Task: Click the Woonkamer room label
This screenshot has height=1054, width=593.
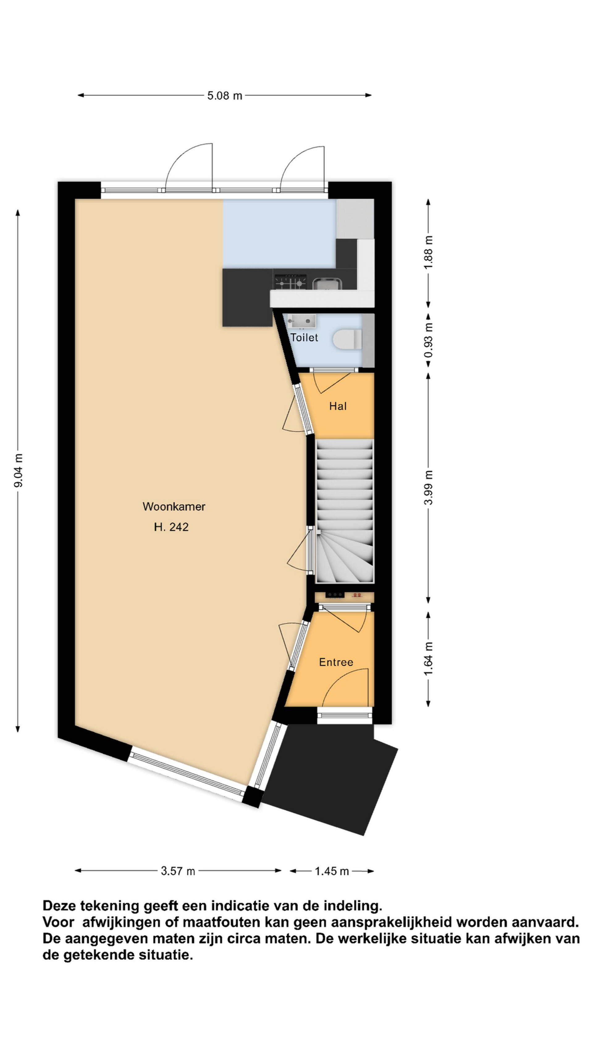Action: coord(174,506)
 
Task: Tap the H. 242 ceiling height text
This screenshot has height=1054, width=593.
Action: coord(171,527)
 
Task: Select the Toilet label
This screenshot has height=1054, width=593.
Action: coord(304,338)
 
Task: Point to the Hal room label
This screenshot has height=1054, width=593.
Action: coord(338,406)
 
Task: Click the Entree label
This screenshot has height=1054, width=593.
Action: coord(336,662)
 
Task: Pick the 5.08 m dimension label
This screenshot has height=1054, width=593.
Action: coord(225,96)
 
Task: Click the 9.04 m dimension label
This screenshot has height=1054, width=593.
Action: coord(19,471)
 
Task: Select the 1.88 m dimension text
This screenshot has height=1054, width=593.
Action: coord(428,253)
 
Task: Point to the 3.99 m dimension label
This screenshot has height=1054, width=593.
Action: coord(428,488)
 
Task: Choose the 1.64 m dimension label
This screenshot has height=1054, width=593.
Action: coord(428,659)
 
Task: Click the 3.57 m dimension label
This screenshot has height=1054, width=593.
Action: coord(178,871)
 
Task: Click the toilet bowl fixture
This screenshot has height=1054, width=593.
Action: coord(347,340)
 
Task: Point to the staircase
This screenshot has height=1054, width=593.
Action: coord(345,511)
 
